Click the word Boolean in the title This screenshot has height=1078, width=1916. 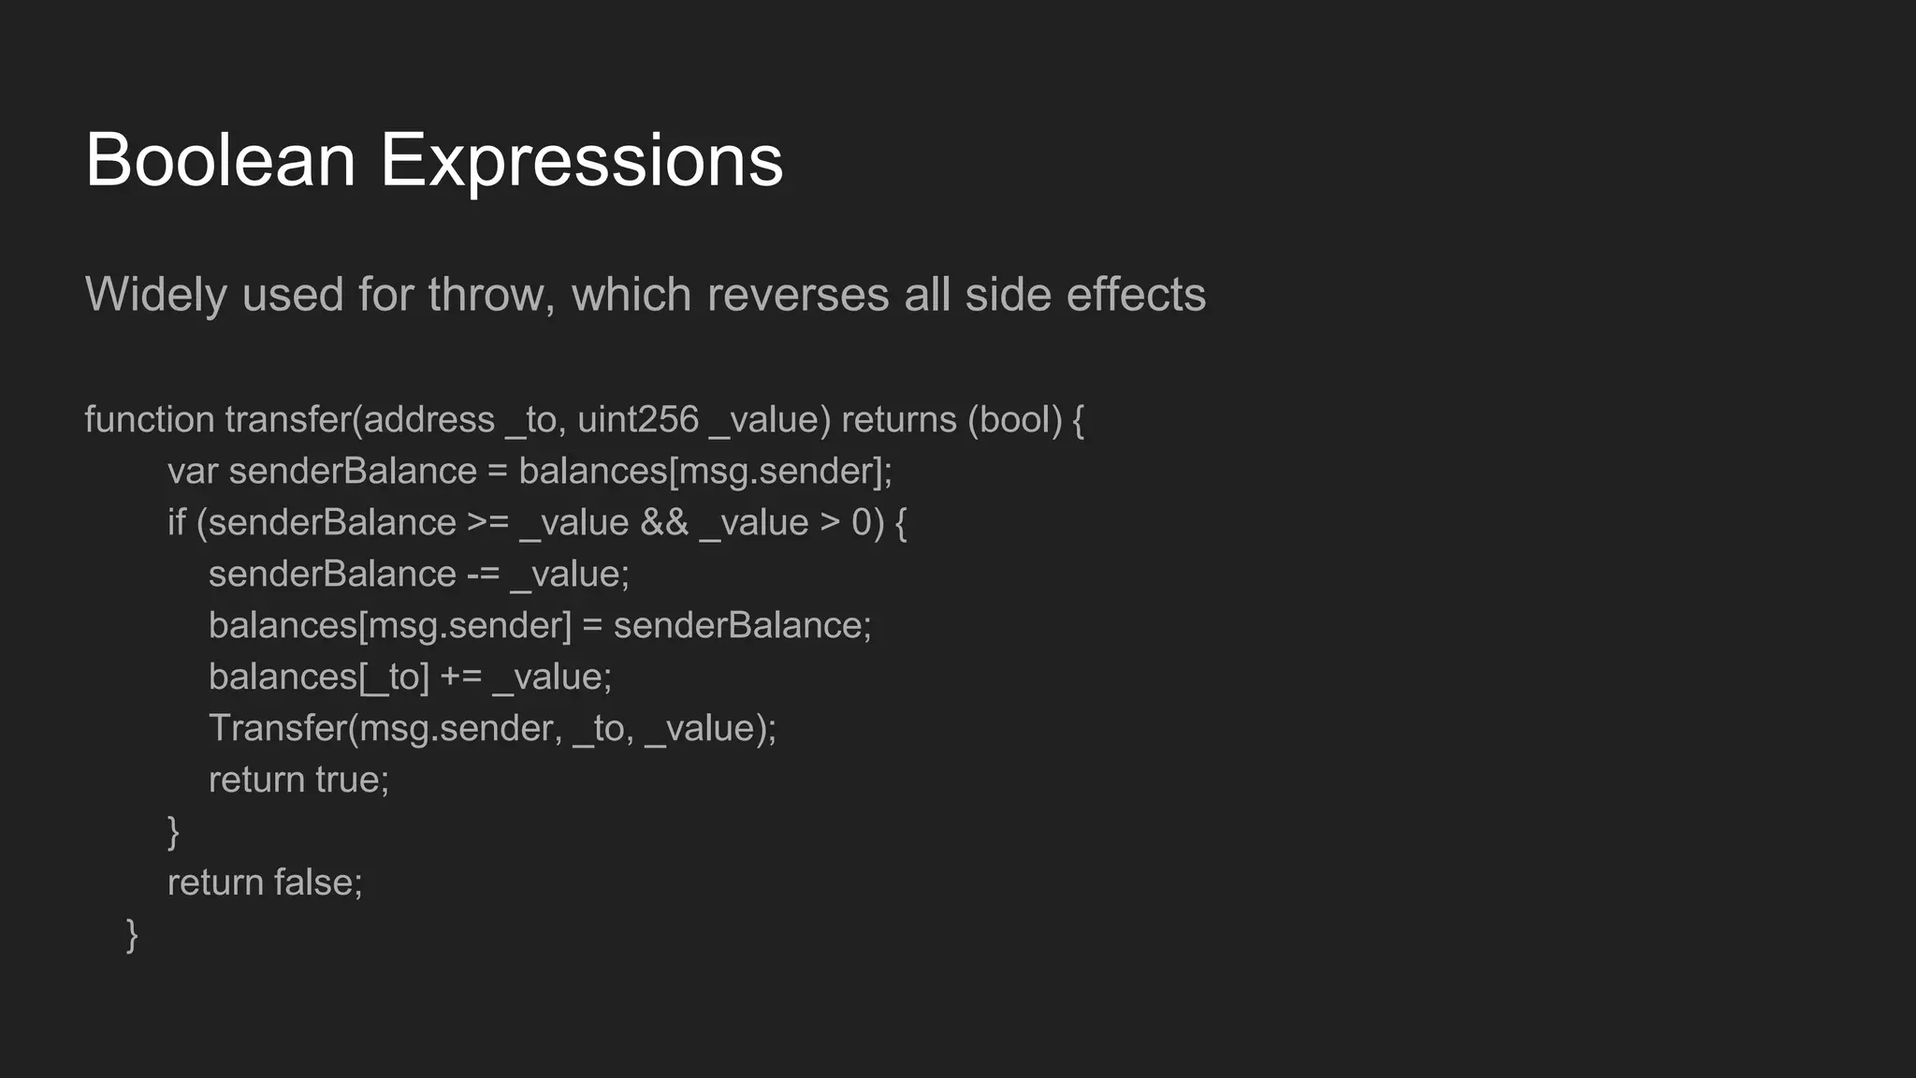220,161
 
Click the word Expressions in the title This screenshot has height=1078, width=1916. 581,161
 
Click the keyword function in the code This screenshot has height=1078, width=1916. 150,420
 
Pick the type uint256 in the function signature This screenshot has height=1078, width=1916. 638,420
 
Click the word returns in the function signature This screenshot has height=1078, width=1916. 899,420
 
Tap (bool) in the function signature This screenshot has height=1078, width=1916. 1015,420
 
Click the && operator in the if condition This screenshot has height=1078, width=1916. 664,523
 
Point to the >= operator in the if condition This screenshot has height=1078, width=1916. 487,523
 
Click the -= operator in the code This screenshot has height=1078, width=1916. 483,575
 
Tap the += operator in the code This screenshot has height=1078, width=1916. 460,677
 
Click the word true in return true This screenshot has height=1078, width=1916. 351,780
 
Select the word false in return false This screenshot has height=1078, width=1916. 317,883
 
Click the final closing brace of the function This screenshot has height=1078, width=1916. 132,935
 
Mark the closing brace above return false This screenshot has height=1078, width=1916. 173,832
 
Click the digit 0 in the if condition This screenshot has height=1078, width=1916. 862,523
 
